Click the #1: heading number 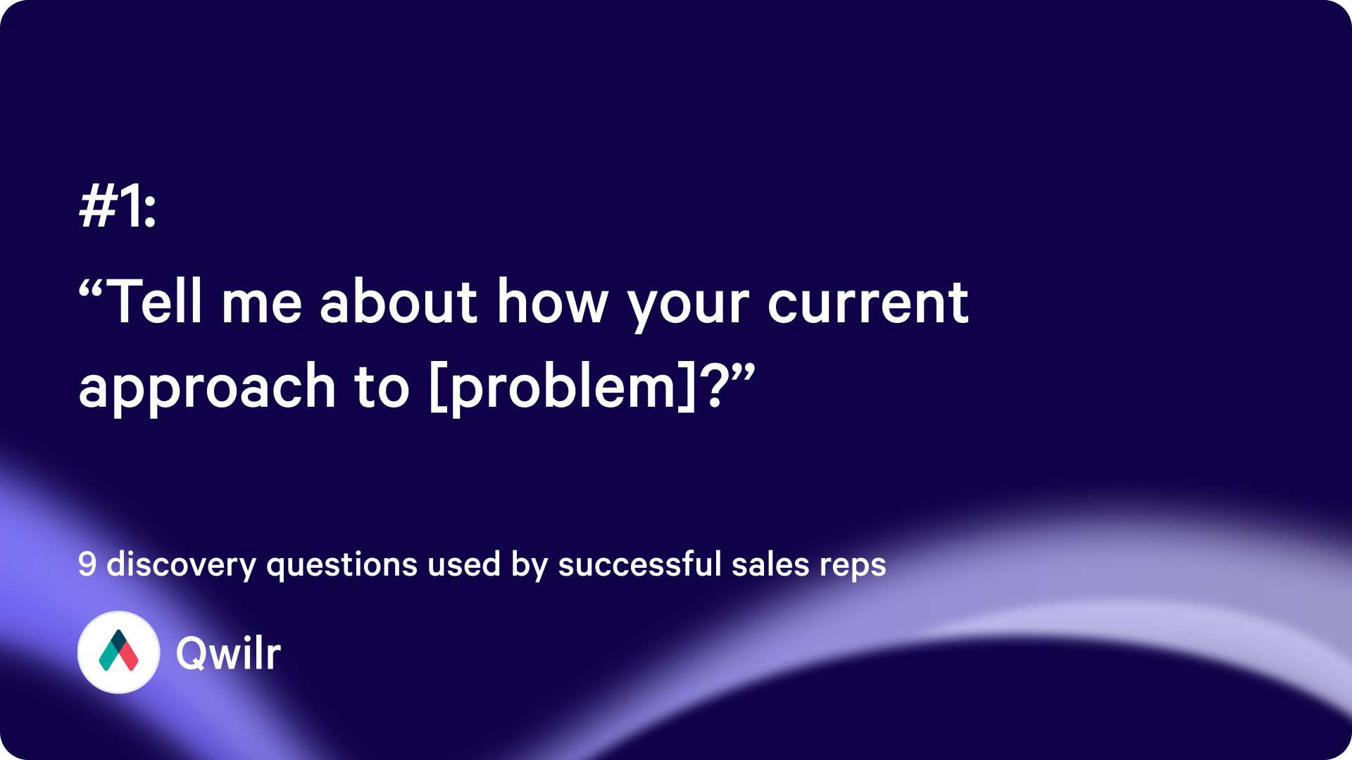pyautogui.click(x=117, y=206)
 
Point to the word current pyautogui.click(x=868, y=303)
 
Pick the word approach pyautogui.click(x=207, y=388)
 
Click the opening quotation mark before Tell pyautogui.click(x=92, y=289)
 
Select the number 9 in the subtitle pyautogui.click(x=87, y=564)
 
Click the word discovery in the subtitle pyautogui.click(x=181, y=565)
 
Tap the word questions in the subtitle pyautogui.click(x=342, y=565)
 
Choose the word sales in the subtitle pyautogui.click(x=770, y=564)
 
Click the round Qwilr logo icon pyautogui.click(x=118, y=652)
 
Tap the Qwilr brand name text pyautogui.click(x=228, y=653)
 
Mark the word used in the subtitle pyautogui.click(x=464, y=564)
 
